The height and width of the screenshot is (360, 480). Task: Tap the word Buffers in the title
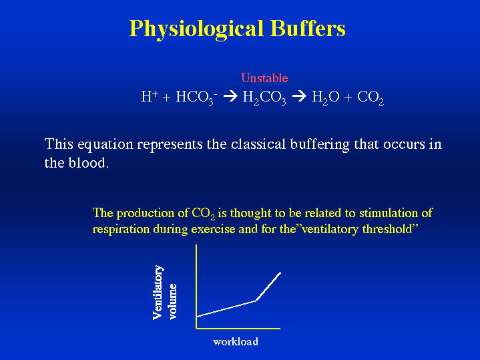(x=308, y=28)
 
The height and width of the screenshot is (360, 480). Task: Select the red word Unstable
(x=264, y=78)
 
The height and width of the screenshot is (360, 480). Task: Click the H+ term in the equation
(x=150, y=96)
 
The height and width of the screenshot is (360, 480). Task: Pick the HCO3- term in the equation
(x=196, y=98)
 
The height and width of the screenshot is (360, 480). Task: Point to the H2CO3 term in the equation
(x=264, y=98)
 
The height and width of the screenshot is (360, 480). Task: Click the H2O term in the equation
(x=326, y=98)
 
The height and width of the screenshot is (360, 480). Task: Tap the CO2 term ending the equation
(x=371, y=98)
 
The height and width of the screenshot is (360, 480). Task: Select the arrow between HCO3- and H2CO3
(x=230, y=96)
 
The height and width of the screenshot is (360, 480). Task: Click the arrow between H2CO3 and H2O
(x=299, y=96)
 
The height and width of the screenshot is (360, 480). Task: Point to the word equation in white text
(x=105, y=145)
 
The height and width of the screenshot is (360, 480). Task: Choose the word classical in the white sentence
(x=258, y=144)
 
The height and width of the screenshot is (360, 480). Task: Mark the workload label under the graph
(x=236, y=341)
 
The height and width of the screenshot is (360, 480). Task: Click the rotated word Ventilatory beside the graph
(x=158, y=293)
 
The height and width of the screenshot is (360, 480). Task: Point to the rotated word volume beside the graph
(x=173, y=302)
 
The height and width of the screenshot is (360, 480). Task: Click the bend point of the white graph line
(x=256, y=301)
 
